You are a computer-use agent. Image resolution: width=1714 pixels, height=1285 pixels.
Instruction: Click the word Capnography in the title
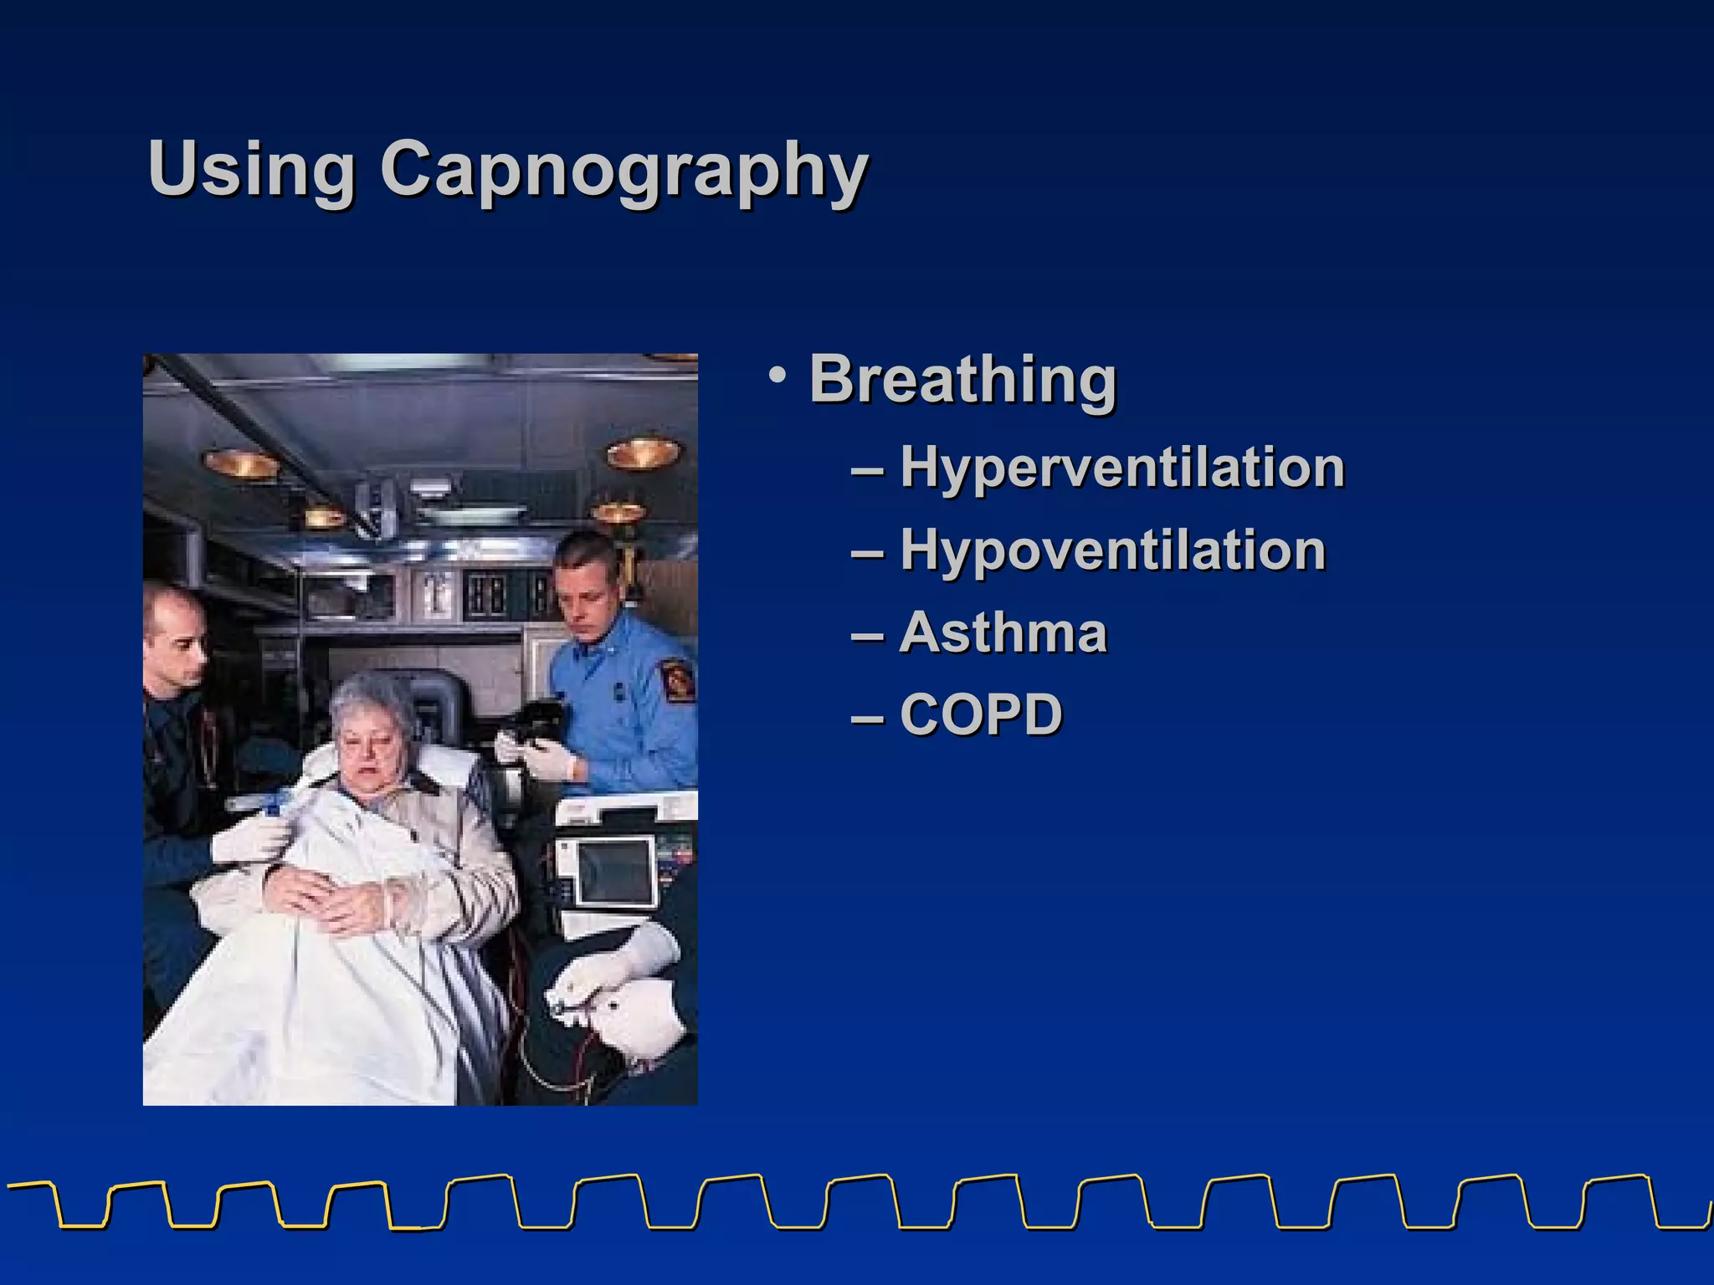click(x=624, y=172)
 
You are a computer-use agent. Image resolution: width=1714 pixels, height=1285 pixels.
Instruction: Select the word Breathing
click(x=962, y=380)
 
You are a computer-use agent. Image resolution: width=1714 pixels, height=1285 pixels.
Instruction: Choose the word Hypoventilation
click(x=1112, y=550)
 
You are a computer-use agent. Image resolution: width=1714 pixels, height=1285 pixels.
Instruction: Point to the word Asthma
click(x=1003, y=632)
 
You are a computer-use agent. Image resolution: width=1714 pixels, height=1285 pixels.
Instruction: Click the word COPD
click(x=980, y=714)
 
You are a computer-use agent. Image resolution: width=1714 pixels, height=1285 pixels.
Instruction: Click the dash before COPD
click(x=867, y=718)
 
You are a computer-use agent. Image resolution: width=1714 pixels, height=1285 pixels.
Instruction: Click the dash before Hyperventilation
click(x=867, y=471)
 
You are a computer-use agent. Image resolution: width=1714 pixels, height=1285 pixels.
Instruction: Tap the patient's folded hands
click(x=335, y=904)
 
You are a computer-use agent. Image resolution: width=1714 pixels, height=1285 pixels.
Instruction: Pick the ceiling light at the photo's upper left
click(x=240, y=462)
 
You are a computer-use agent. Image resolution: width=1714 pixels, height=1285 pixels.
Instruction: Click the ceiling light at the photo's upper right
click(x=643, y=453)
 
